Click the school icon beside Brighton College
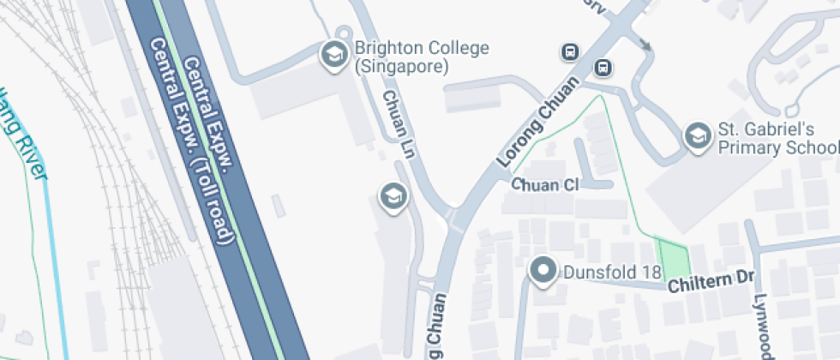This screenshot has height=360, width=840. pos(333,56)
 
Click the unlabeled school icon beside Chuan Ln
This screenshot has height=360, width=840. pos(393,195)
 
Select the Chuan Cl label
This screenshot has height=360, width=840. pos(545,184)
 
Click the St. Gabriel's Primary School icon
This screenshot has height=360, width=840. pos(698,136)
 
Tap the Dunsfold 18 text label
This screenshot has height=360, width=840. pos(613,273)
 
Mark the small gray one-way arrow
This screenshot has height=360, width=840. pos(645,45)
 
